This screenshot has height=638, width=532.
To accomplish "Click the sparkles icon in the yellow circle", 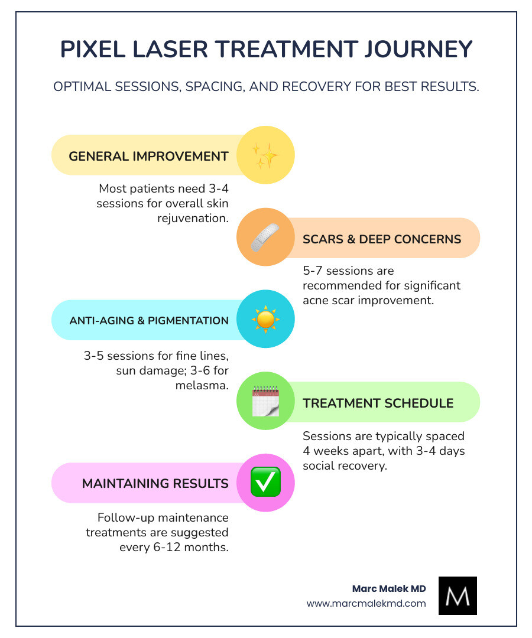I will (265, 156).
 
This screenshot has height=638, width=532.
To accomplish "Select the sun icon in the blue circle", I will (265, 320).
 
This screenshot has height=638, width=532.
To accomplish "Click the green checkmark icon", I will (265, 483).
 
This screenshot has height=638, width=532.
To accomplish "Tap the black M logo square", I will (458, 595).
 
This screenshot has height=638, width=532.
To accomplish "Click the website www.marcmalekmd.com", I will (366, 603).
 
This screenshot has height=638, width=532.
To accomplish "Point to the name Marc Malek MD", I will (388, 588).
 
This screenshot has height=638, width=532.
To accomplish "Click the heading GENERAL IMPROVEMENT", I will (148, 157).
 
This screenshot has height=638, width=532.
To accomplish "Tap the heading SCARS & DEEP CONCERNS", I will (382, 239).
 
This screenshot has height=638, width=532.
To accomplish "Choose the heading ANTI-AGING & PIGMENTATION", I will (149, 321).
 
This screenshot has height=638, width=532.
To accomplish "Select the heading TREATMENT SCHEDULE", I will (378, 403).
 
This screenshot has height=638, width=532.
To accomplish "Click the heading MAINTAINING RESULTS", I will (155, 483).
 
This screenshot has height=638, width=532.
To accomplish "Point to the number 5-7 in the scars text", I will (314, 271).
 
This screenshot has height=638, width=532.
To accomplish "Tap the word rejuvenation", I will (193, 219).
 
